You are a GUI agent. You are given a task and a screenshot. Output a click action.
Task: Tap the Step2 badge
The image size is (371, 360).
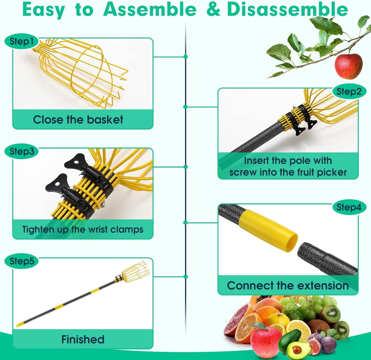click(x=349, y=92)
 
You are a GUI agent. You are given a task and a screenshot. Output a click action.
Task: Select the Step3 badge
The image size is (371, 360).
click(x=22, y=151)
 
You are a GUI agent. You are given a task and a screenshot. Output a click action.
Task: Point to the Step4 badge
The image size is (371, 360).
click(x=349, y=207)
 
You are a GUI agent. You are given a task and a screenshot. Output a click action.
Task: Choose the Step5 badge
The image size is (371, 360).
click(x=22, y=261)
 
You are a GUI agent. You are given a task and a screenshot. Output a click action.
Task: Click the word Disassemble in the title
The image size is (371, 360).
click(x=287, y=10)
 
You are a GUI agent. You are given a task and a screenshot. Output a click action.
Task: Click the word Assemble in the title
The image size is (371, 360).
click(x=150, y=10)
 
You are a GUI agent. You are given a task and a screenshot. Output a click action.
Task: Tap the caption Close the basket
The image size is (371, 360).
click(x=78, y=120)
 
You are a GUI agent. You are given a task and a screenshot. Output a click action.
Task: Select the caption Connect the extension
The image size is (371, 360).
click(x=288, y=286)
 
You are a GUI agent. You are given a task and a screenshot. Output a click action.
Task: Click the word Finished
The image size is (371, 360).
click(x=83, y=339)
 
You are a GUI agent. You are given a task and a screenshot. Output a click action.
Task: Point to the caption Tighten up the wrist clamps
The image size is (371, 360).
click(x=83, y=229)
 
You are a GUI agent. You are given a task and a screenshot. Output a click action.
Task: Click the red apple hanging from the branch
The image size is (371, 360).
click(x=348, y=66)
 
